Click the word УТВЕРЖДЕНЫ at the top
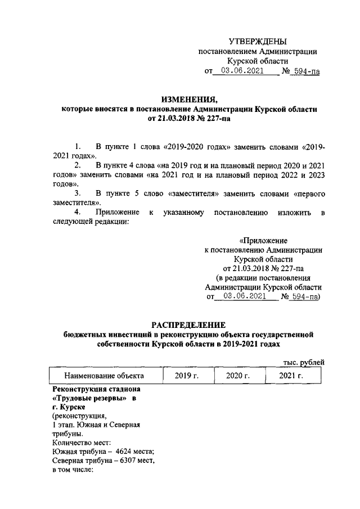(258, 41)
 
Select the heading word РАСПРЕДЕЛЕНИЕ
(189, 325)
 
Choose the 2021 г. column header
(291, 376)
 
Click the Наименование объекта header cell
(104, 376)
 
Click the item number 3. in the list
(78, 193)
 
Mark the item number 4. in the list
(78, 212)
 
